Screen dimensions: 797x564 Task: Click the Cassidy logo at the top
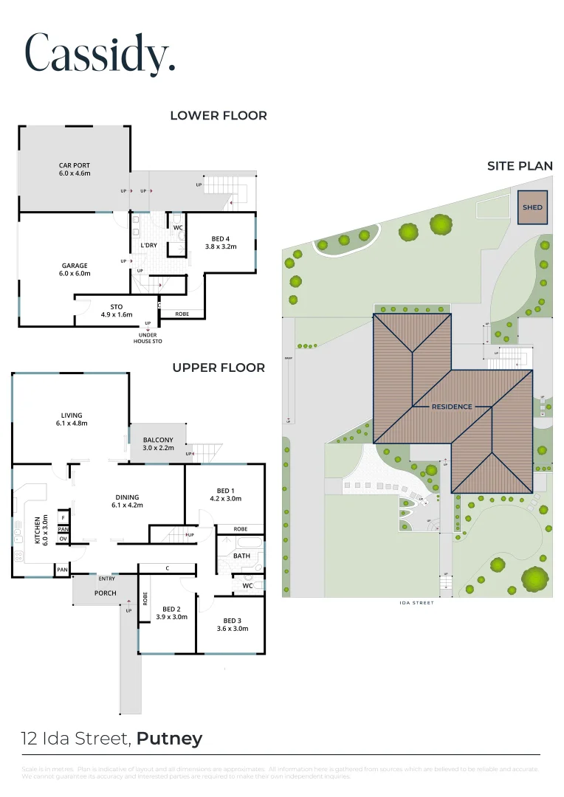pyautogui.click(x=100, y=53)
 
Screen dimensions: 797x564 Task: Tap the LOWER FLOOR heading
pyautogui.click(x=219, y=116)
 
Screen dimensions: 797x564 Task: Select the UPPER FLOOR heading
pyautogui.click(x=219, y=368)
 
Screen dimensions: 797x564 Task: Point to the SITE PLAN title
pyautogui.click(x=520, y=166)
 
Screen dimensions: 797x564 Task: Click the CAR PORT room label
pyautogui.click(x=75, y=170)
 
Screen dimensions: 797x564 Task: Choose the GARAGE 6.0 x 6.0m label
pyautogui.click(x=75, y=269)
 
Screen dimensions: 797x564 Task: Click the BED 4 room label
pyautogui.click(x=221, y=243)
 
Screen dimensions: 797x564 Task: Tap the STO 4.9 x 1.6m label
pyautogui.click(x=116, y=311)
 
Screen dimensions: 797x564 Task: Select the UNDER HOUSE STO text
pyautogui.click(x=148, y=337)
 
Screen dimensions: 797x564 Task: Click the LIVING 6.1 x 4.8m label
pyautogui.click(x=72, y=419)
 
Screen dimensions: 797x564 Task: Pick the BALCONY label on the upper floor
pyautogui.click(x=158, y=444)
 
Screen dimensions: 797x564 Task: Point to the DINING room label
pyautogui.click(x=127, y=501)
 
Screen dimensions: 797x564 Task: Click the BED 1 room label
pyautogui.click(x=225, y=494)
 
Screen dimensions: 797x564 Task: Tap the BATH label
pyautogui.click(x=241, y=556)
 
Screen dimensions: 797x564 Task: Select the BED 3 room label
pyautogui.click(x=232, y=624)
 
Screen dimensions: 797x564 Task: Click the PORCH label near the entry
pyautogui.click(x=105, y=593)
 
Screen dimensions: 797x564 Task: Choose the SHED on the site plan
pyautogui.click(x=532, y=207)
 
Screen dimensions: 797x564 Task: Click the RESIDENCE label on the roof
pyautogui.click(x=452, y=407)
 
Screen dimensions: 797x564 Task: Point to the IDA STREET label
pyautogui.click(x=416, y=603)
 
